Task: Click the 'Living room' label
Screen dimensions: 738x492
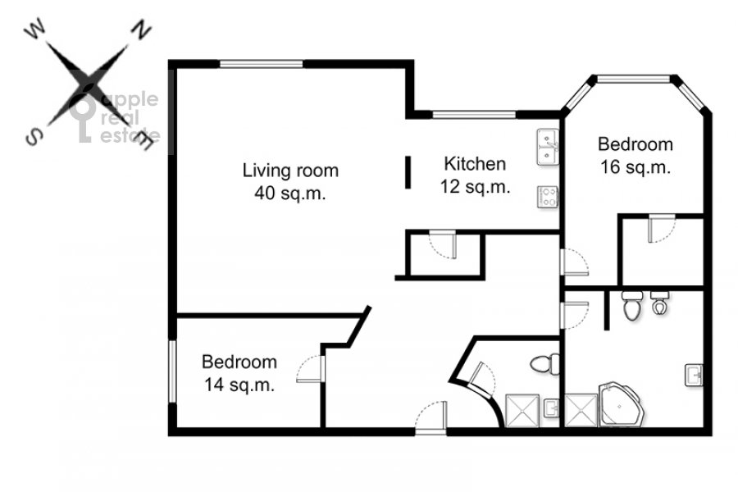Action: [290, 171]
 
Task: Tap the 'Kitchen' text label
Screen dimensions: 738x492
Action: [475, 164]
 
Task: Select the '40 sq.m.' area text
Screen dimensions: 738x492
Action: [290, 193]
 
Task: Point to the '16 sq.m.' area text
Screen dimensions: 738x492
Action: [635, 167]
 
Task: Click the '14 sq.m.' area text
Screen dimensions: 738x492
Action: [239, 385]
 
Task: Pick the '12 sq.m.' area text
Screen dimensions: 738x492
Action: [476, 187]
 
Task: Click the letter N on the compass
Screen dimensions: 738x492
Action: [140, 30]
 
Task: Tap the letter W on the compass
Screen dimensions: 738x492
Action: [34, 30]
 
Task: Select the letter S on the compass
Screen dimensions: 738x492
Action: [34, 138]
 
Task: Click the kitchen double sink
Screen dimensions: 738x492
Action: [548, 147]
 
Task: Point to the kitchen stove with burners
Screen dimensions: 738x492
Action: [548, 197]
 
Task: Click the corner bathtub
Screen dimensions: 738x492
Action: [622, 404]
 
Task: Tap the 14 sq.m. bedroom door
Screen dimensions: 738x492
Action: [311, 369]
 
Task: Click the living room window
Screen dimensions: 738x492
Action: [262, 64]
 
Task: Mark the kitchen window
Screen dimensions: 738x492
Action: [475, 115]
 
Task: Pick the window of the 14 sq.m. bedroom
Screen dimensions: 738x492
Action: [172, 371]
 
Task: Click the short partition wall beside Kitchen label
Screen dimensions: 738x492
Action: [408, 172]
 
